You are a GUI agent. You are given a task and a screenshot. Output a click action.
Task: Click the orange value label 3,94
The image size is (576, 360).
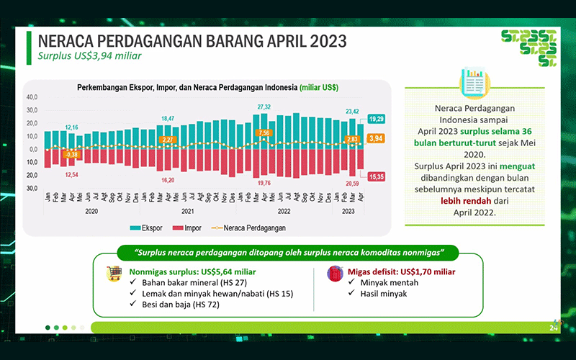(376, 138)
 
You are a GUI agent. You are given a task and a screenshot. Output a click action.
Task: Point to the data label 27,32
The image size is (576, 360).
(264, 107)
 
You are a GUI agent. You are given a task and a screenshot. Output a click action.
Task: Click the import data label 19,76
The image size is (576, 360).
(264, 183)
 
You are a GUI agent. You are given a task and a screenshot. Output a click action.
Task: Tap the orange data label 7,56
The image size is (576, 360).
(264, 133)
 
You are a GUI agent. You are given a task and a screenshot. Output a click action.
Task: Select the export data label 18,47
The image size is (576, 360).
(168, 118)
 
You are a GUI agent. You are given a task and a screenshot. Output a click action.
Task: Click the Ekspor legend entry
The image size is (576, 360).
(148, 228)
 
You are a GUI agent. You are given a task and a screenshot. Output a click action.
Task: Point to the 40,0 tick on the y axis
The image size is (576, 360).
(32, 97)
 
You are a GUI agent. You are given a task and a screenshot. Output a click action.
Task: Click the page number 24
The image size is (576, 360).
(554, 328)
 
